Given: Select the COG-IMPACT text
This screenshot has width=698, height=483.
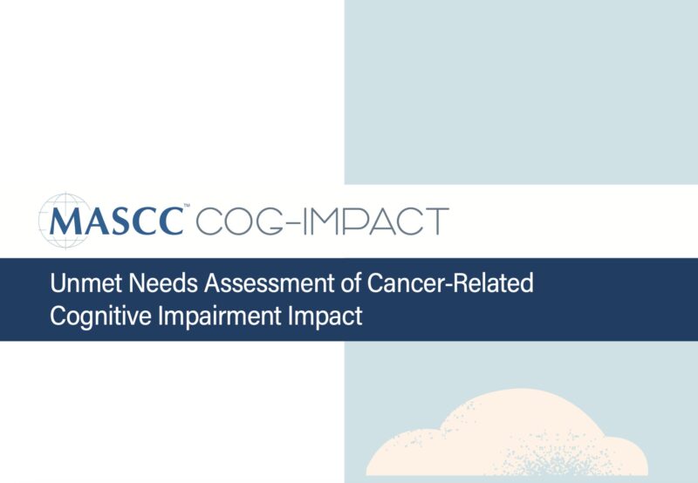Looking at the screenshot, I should [322, 221].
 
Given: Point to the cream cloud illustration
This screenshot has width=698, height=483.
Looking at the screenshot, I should [506, 436].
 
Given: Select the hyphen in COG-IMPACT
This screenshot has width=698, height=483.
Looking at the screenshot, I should [293, 222].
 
